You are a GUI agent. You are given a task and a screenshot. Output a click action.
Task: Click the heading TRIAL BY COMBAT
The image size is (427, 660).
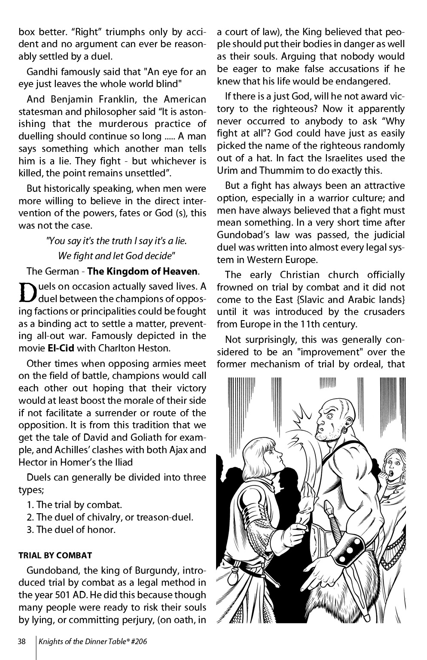point(55,555)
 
